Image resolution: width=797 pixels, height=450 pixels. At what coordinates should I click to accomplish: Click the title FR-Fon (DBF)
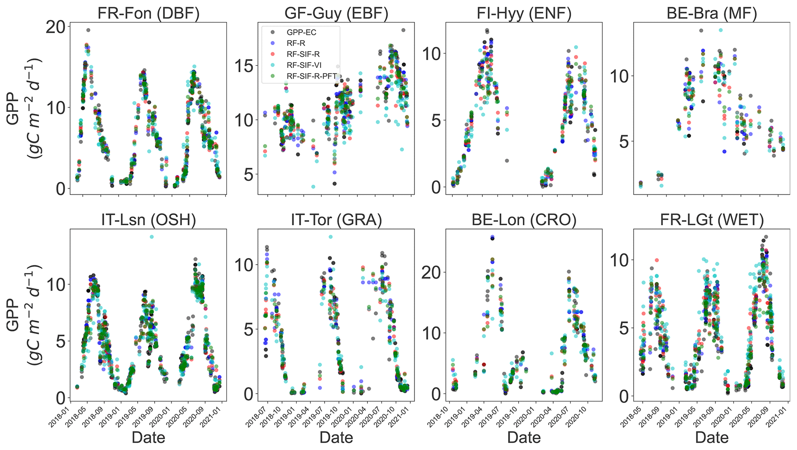point(148,13)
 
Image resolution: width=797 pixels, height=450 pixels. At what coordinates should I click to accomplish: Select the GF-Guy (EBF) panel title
point(336,13)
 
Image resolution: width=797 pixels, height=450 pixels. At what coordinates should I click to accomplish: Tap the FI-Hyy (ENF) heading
point(524,13)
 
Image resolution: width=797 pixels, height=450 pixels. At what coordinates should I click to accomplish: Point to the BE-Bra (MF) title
point(712,13)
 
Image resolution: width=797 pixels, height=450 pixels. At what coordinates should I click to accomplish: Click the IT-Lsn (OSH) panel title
point(148,220)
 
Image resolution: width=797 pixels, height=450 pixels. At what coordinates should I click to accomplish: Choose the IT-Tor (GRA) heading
point(336,220)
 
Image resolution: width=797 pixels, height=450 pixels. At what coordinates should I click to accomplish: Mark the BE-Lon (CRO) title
point(524,220)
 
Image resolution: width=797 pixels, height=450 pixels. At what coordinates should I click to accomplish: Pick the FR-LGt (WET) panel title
point(712,220)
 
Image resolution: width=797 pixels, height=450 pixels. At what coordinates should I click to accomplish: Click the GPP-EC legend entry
point(301,33)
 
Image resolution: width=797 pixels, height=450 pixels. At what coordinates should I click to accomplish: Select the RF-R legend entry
point(296,44)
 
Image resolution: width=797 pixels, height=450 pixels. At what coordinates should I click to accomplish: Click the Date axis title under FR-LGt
point(712,438)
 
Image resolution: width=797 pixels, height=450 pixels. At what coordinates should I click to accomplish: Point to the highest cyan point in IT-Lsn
point(152,237)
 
